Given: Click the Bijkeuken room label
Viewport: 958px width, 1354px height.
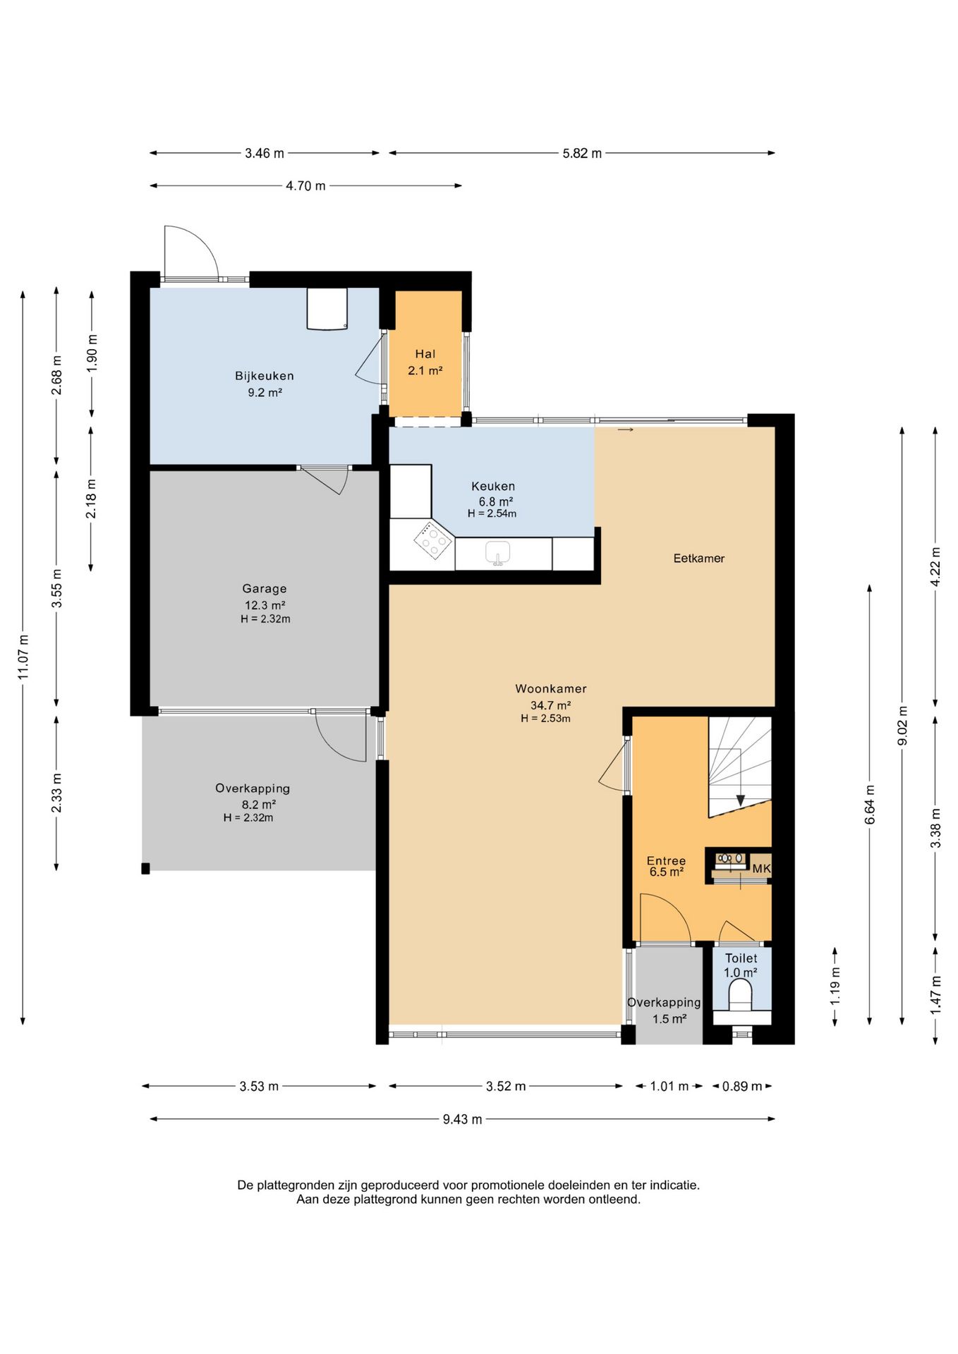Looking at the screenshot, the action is [x=265, y=376].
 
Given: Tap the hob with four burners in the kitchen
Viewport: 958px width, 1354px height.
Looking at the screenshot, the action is [x=433, y=541].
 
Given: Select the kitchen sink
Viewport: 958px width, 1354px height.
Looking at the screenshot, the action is [x=498, y=552].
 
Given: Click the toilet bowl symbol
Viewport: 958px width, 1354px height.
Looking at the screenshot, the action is [x=740, y=994].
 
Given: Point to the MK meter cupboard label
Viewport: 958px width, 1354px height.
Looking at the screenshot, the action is [x=761, y=869].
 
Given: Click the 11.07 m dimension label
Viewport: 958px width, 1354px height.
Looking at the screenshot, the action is [x=23, y=657].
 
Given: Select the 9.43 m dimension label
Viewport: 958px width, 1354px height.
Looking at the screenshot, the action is [x=463, y=1119].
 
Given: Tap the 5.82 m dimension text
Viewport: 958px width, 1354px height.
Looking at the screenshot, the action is [x=582, y=153].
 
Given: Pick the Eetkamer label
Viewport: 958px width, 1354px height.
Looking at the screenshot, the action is [x=699, y=559].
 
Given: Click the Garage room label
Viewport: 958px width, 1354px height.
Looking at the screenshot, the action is [x=265, y=588].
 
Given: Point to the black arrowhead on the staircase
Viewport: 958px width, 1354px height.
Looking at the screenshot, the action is [x=741, y=800].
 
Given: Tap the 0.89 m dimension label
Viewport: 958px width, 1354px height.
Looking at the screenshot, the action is [x=742, y=1086].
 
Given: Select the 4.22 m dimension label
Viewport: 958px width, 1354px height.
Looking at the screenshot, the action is [x=935, y=567].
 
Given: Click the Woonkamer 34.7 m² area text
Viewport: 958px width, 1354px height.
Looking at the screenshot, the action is [x=550, y=705].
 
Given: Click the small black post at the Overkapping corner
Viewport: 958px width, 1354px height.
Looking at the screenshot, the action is [x=145, y=869].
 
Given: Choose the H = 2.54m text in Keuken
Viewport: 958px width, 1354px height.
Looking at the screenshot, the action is [x=492, y=513].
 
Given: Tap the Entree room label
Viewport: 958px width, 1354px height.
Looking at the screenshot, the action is [x=666, y=860].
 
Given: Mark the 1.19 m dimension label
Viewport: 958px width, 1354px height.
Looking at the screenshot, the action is [x=835, y=986].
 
